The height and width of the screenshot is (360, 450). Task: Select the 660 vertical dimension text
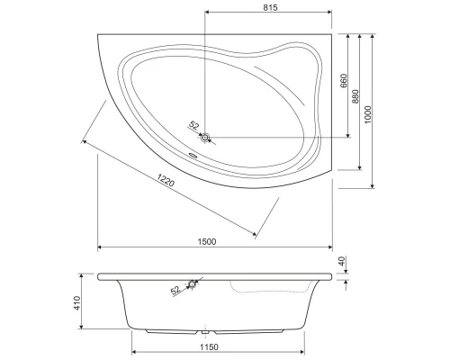(343, 80)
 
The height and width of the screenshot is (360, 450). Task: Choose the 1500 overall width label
(206, 241)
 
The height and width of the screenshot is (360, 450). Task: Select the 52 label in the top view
(193, 127)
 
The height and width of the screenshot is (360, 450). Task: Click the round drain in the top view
(206, 138)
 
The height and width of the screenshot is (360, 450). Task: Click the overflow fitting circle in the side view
(192, 285)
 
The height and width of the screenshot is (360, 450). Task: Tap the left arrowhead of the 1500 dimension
(99, 247)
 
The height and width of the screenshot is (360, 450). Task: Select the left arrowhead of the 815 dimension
(209, 13)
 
